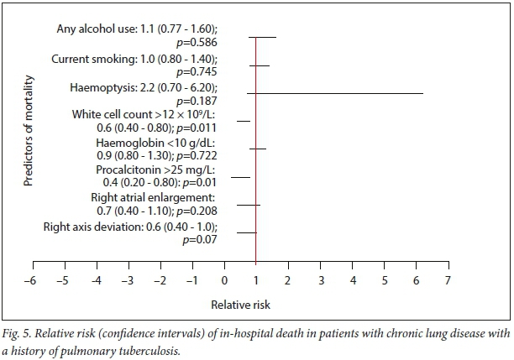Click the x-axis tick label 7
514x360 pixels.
pyautogui.click(x=448, y=279)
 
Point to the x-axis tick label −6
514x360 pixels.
pyautogui.click(x=30, y=279)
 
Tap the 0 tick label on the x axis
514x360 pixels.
pyautogui.click(x=223, y=279)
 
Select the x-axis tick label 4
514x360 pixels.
pyautogui.click(x=352, y=279)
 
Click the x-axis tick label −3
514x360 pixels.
pyautogui.click(x=127, y=279)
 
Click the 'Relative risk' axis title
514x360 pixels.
pyautogui.click(x=239, y=304)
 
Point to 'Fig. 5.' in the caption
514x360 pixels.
pyautogui.click(x=19, y=333)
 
